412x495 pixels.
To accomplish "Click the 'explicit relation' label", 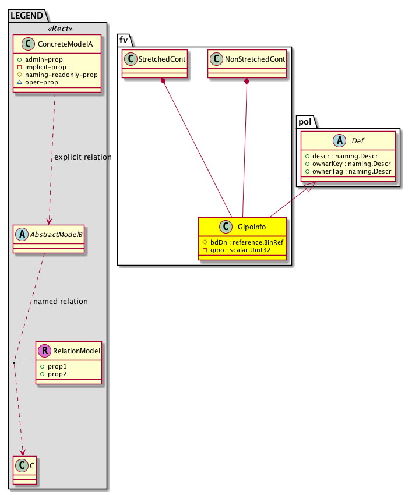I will coord(82,157).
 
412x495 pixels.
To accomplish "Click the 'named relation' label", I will coord(61,302).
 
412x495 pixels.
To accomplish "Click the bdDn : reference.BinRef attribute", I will coord(247,242).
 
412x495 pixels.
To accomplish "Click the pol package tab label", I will coord(305,122).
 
